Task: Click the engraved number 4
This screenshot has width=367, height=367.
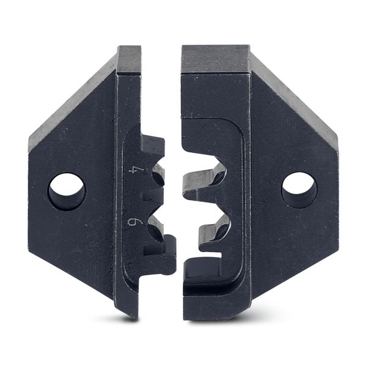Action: tap(133, 170)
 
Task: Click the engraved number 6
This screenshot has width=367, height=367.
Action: tap(133, 221)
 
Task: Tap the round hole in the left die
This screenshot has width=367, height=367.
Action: tap(67, 191)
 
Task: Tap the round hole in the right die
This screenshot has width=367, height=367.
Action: tap(299, 190)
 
